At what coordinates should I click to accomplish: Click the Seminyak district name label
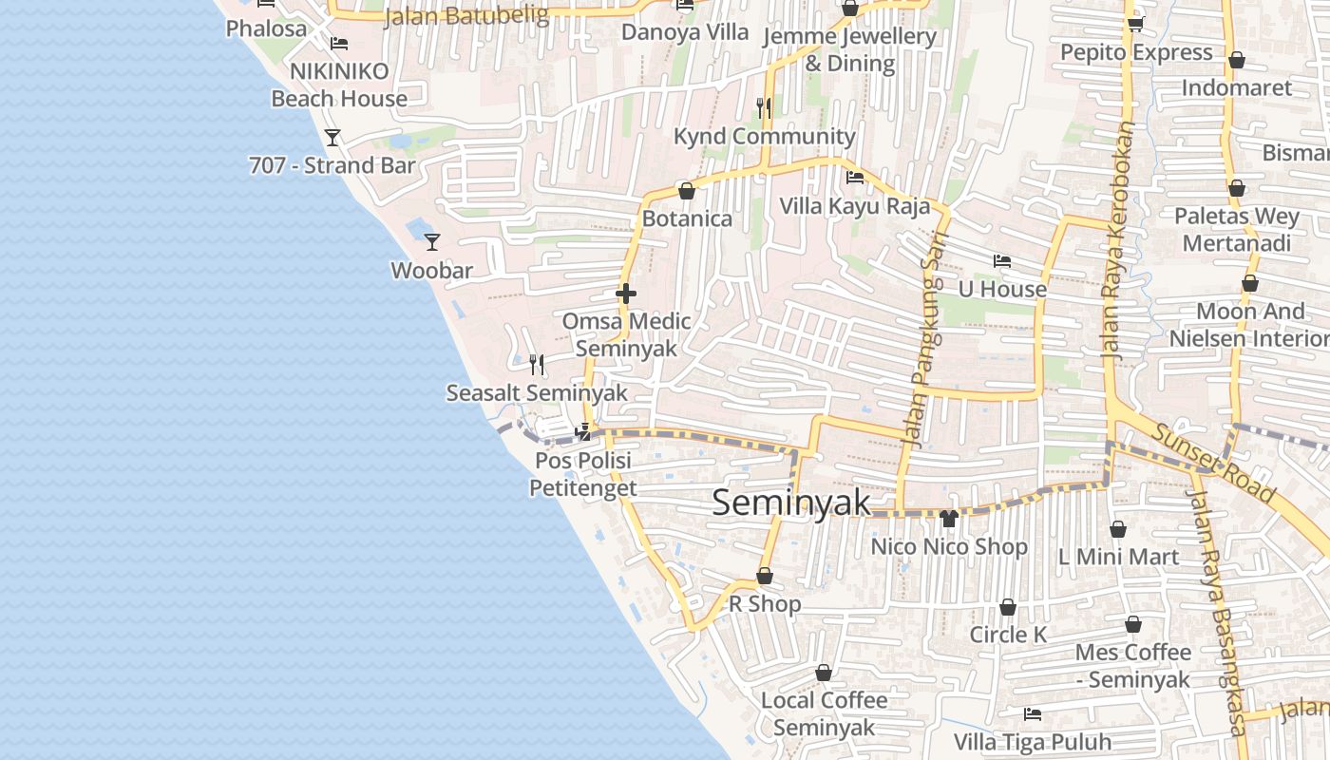(791, 503)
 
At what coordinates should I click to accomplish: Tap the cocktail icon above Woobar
(432, 242)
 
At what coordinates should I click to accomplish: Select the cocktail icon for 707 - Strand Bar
(332, 138)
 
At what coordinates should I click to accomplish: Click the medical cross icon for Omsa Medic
(626, 294)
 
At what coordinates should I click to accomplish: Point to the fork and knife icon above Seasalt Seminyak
(537, 364)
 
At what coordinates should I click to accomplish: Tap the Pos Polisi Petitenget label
(583, 474)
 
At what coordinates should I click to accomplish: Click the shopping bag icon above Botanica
(687, 191)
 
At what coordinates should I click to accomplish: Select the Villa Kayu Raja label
(855, 206)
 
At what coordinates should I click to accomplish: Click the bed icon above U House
(1001, 261)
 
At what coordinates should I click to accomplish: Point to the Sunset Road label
(1213, 465)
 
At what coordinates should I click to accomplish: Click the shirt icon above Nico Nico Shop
(948, 518)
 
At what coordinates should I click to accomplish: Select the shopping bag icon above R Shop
(765, 576)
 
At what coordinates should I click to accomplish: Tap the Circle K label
(1008, 635)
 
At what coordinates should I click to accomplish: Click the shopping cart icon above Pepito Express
(1135, 24)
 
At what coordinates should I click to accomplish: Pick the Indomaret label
(1237, 87)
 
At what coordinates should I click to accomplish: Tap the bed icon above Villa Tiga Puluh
(1033, 714)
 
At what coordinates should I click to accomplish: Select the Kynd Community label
(765, 137)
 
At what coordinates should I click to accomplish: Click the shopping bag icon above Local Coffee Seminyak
(824, 673)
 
